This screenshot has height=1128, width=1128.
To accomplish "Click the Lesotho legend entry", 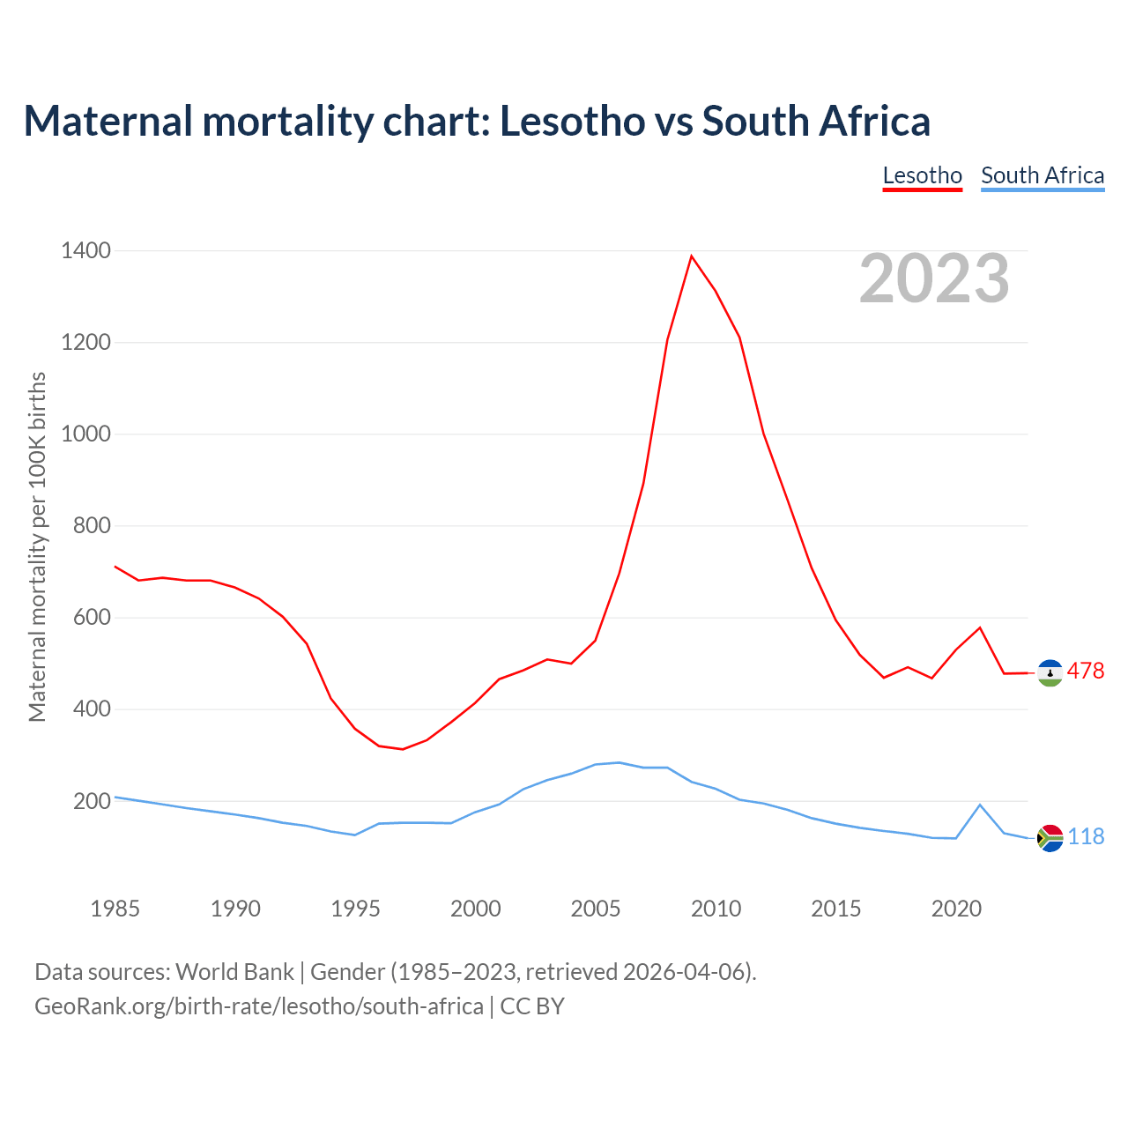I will point(922,175).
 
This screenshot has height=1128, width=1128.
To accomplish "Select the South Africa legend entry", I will point(1043,175).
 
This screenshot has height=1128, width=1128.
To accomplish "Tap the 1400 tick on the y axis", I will point(86,251).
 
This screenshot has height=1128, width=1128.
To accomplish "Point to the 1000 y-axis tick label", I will point(86,434).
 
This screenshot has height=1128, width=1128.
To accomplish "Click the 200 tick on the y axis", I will point(93,801).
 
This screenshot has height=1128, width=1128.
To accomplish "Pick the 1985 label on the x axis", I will point(115,909).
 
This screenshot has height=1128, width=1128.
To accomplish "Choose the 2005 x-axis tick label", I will point(596,909).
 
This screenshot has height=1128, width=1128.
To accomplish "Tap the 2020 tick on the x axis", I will point(956,909).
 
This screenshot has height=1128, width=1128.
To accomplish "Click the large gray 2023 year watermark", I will point(934,278).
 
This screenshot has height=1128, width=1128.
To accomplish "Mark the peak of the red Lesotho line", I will point(692,256).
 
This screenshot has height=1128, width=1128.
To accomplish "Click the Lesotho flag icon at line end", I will point(1050,672).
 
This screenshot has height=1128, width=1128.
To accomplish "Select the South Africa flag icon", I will point(1050,837).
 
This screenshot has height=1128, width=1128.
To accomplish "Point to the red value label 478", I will point(1086,672).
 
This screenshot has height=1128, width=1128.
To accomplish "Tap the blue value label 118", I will point(1086,837).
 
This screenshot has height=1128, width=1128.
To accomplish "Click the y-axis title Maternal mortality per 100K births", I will point(37,546).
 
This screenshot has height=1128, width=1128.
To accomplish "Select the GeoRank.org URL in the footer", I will point(258,1006).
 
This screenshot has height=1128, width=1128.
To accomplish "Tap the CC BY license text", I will point(532,1006).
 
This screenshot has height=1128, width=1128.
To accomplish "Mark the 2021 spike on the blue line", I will point(980,805).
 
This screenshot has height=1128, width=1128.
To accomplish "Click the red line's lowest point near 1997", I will point(403,749).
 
